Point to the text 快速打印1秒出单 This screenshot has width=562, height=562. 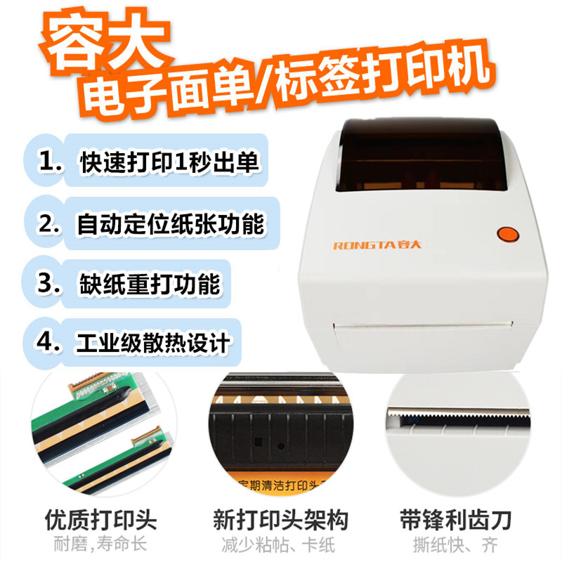tap(169, 162)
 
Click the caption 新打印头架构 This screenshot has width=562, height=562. tap(281, 521)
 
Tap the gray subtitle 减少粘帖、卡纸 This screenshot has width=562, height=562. tap(281, 544)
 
